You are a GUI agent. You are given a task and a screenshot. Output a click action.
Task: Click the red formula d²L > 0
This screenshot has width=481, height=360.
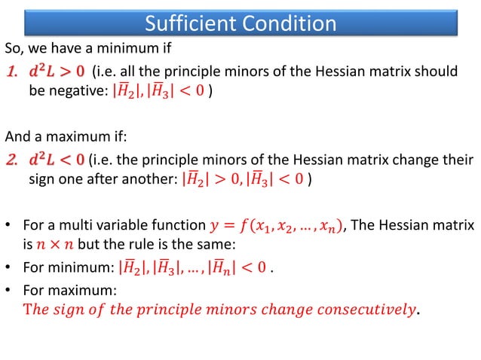[x=57, y=72]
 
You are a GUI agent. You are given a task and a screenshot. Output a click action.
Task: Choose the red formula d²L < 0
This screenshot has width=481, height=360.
[x=57, y=160]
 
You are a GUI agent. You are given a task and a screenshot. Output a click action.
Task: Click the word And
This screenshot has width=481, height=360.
[x=18, y=137]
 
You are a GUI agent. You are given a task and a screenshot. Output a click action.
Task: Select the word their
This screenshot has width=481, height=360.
[x=456, y=160]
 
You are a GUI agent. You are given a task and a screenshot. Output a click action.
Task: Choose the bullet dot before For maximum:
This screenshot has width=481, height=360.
[x=9, y=289]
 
